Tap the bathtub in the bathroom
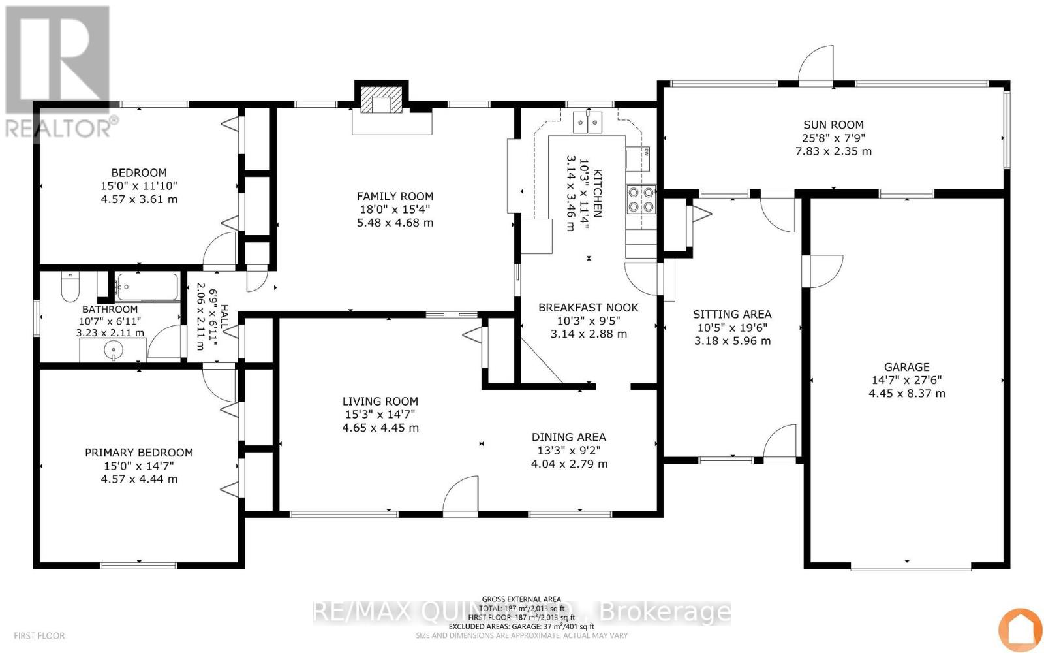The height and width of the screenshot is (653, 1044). (147, 287)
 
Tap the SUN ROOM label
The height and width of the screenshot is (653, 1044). (833, 125)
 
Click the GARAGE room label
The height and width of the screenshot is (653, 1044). (906, 367)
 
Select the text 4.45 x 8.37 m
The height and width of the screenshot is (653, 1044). (906, 393)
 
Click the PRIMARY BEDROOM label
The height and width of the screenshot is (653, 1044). (139, 453)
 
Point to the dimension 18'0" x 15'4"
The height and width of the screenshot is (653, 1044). (395, 209)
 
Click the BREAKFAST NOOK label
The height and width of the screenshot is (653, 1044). (588, 308)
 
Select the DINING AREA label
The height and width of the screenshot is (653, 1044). (568, 437)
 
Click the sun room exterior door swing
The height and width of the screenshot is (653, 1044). (817, 66)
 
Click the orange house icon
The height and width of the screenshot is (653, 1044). (1021, 629)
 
